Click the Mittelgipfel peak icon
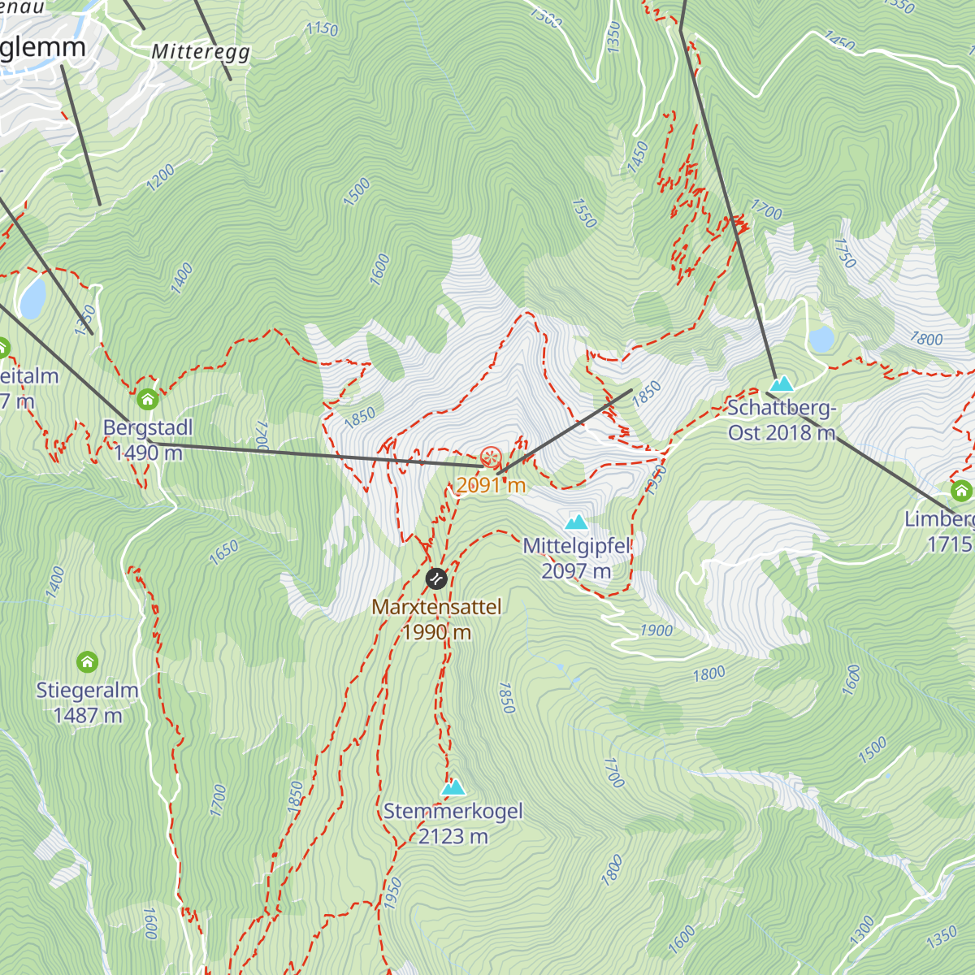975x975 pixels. (576, 522)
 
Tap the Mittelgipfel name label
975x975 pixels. (577, 546)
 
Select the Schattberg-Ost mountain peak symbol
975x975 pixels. (782, 383)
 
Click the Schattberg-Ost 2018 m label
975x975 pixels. (781, 420)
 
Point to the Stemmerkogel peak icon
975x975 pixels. (453, 786)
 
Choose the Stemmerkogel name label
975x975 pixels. (453, 811)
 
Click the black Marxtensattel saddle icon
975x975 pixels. (436, 578)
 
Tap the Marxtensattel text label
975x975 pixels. (436, 607)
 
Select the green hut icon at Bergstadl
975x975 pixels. (147, 399)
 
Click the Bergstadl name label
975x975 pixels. (148, 427)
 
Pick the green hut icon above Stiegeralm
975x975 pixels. (87, 661)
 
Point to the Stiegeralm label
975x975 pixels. (87, 690)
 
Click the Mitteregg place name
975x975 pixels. (201, 52)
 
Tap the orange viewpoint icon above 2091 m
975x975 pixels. (490, 457)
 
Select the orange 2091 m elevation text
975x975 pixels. (491, 486)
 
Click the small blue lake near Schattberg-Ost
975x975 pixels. (821, 339)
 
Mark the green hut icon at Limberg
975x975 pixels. (961, 491)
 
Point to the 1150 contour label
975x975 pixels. (322, 28)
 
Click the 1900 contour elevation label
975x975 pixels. (656, 630)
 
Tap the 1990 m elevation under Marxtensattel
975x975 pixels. (436, 632)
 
